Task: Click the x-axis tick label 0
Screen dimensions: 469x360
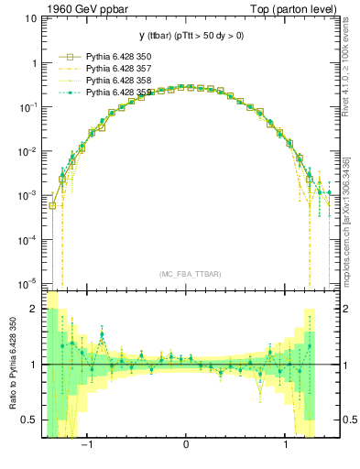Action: coord(187,446)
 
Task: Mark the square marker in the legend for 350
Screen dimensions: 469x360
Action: coord(63,57)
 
